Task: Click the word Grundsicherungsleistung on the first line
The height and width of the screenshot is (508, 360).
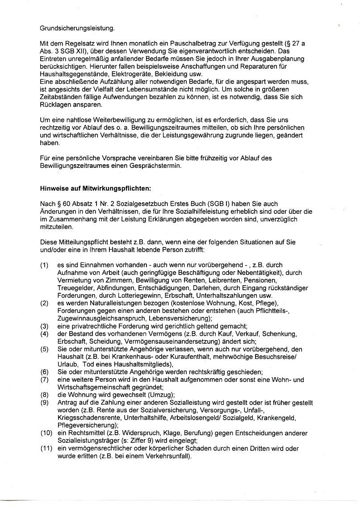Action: pos(77,29)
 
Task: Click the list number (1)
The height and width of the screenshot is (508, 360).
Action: pos(44,265)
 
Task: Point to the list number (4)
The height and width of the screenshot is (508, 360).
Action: pos(44,333)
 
